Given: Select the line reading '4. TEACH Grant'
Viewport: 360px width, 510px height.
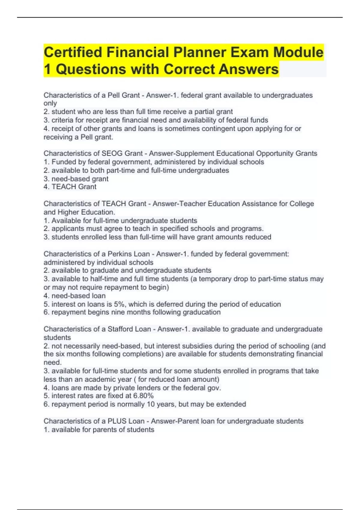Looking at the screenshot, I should (x=70, y=187).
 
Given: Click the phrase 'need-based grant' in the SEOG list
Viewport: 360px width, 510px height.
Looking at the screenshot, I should (x=80, y=179).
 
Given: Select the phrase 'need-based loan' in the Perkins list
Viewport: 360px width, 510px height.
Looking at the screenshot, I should (x=78, y=296).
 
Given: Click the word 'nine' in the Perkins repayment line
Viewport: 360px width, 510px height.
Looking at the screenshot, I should (x=118, y=312).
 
